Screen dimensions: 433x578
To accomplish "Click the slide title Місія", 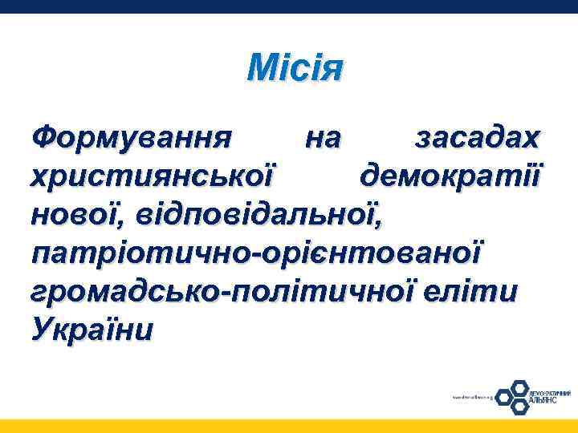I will point(295,67).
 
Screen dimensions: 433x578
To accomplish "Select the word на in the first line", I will point(324,139).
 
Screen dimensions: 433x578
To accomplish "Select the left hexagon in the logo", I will point(503,396).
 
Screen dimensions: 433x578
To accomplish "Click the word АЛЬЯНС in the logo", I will point(543,400).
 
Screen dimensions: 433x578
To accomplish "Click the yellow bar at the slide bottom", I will point(289,426).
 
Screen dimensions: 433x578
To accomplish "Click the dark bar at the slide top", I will point(289,6).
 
